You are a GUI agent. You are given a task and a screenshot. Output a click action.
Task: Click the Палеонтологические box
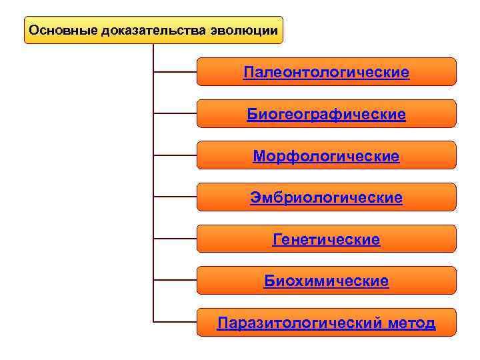(326, 72)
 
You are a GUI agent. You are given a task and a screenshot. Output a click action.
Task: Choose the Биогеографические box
(326, 114)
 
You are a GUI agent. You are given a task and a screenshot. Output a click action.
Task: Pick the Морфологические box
(326, 156)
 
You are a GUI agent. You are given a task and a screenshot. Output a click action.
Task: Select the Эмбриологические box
(326, 197)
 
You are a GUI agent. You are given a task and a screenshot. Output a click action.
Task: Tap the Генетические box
(326, 239)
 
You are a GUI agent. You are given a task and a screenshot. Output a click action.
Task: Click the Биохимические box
(326, 281)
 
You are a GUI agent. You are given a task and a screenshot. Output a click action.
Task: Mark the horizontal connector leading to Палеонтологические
(175, 72)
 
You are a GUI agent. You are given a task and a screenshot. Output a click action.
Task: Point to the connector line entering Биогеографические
(175, 113)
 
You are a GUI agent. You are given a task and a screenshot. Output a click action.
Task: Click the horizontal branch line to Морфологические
(175, 155)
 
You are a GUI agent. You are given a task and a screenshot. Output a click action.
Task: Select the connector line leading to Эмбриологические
(175, 197)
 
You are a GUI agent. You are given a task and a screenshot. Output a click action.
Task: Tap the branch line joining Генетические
(175, 239)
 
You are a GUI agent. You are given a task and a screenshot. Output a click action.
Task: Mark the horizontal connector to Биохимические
(175, 280)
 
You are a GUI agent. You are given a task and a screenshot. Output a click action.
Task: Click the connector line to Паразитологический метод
(175, 322)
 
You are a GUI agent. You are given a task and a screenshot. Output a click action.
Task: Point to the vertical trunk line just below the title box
(153, 53)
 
